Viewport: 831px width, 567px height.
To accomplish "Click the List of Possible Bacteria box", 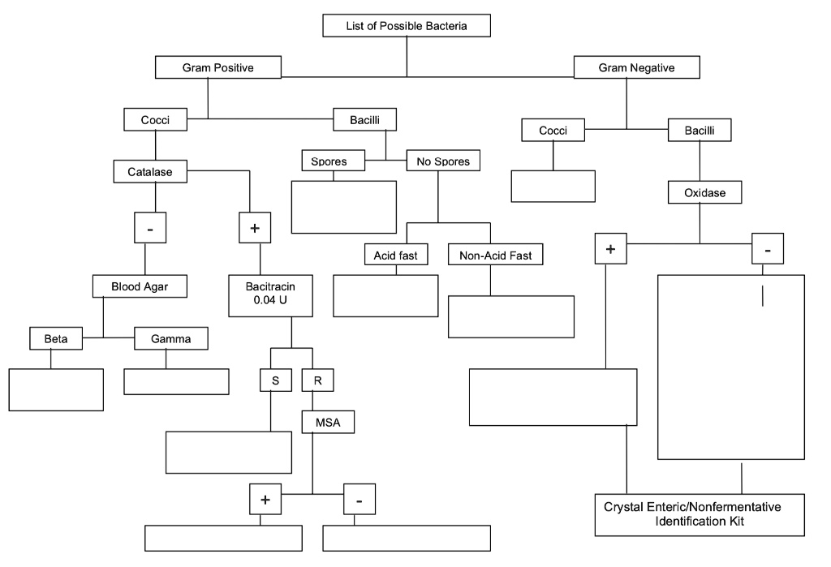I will pos(407,26).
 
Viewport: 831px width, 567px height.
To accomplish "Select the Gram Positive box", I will pos(217,68).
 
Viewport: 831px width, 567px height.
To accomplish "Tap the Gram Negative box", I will pos(636,68).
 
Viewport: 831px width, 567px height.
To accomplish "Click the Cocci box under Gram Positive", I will pos(156,120).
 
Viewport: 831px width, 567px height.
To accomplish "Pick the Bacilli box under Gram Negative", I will pos(700,130).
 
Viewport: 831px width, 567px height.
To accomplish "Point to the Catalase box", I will pos(150,172).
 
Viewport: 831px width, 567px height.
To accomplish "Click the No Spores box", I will pos(437,161).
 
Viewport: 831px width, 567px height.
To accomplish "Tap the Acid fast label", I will pos(395,256).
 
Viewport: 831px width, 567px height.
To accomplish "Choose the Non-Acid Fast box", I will pos(495,256).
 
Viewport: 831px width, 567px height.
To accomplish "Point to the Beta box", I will pos(56,338).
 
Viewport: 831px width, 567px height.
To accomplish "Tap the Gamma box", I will pos(170,338).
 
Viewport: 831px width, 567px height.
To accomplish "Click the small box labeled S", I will pos(275,380).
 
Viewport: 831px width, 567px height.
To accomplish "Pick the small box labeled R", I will pos(317,380).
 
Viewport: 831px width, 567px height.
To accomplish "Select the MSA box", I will pos(329,421).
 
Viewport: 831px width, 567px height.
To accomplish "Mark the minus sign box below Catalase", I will pos(150,229).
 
